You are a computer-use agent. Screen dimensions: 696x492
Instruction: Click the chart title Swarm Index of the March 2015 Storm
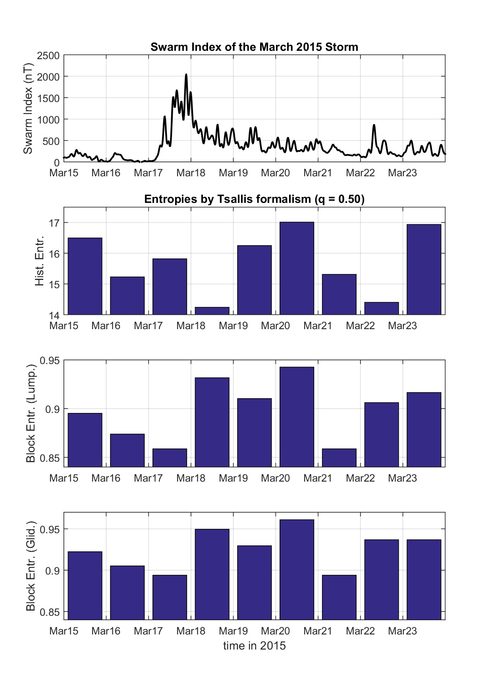[x=254, y=47]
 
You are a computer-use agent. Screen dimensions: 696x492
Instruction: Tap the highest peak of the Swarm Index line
[x=186, y=75]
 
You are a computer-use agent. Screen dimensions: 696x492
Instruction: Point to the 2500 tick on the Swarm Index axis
[x=48, y=56]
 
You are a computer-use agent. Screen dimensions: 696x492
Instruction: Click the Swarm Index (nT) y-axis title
[x=28, y=109]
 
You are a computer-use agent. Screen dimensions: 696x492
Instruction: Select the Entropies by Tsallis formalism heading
[x=254, y=199]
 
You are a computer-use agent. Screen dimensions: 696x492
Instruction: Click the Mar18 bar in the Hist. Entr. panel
[x=212, y=311]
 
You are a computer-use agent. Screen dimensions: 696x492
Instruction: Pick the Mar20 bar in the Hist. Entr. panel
[x=297, y=268]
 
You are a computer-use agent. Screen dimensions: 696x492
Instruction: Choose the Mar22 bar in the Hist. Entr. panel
[x=382, y=308]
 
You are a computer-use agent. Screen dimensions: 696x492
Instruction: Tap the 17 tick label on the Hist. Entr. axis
[x=54, y=223]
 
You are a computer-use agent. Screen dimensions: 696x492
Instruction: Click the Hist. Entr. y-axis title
[x=39, y=261]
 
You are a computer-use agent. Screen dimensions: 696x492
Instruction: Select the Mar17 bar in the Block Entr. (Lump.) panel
[x=170, y=457]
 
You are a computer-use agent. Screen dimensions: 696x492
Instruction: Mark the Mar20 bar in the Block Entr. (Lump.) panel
[x=297, y=417]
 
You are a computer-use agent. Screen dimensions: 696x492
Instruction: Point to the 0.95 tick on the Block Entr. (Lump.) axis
[x=50, y=360]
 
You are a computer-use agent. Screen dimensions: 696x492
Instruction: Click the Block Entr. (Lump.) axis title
[x=31, y=414]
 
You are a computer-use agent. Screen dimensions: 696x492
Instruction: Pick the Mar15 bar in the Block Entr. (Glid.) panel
[x=85, y=585]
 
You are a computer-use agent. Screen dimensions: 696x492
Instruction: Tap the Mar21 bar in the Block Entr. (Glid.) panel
[x=339, y=597]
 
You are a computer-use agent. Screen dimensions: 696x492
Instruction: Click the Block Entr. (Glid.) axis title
[x=31, y=566]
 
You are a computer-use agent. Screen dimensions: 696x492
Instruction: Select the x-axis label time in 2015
[x=254, y=646]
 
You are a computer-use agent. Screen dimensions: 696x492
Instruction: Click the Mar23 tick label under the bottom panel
[x=402, y=631]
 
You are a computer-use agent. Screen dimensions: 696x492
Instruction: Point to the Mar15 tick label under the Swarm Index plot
[x=64, y=173]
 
